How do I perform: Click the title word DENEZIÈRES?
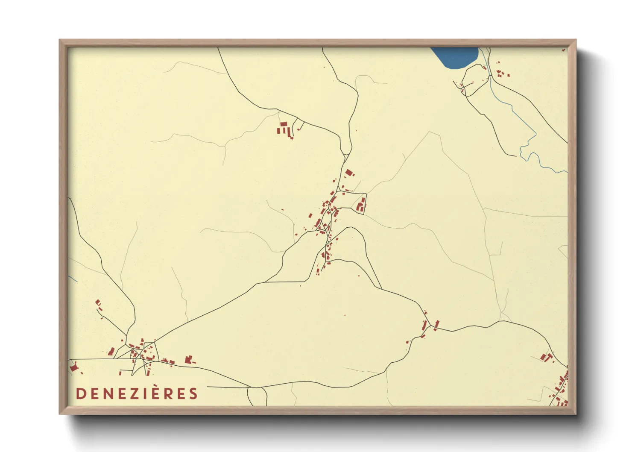(137, 393)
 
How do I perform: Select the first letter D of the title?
(80, 394)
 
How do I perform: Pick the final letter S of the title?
(193, 394)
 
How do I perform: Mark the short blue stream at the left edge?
(73, 278)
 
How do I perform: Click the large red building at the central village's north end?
(349, 173)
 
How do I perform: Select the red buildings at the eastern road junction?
(430, 326)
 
